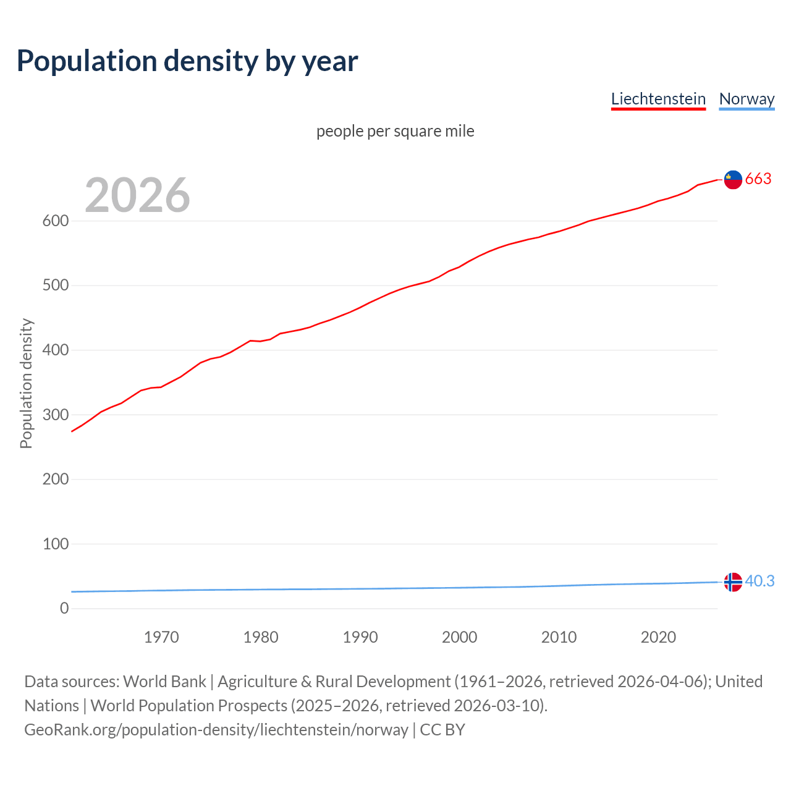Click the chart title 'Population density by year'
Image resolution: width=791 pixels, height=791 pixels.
click(187, 61)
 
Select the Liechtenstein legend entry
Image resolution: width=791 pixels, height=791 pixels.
click(658, 99)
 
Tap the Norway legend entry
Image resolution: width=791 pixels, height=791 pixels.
click(747, 99)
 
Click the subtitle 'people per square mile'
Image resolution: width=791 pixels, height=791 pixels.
click(395, 131)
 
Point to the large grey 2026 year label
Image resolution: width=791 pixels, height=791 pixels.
click(137, 195)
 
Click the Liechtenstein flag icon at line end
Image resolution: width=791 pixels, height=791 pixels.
click(733, 179)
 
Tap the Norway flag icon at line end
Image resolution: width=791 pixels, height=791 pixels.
click(733, 582)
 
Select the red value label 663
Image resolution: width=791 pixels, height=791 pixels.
click(758, 179)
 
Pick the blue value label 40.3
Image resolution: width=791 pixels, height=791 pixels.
click(759, 582)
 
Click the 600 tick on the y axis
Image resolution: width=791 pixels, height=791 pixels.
click(56, 221)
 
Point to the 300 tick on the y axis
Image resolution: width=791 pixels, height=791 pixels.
click(56, 415)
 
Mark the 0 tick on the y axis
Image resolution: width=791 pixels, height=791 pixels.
click(64, 609)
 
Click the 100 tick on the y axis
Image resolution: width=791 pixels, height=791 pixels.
click(56, 544)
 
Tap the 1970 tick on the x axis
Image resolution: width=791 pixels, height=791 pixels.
click(161, 637)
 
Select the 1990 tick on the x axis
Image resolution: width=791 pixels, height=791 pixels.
click(360, 637)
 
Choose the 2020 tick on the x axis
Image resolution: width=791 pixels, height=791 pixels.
click(658, 637)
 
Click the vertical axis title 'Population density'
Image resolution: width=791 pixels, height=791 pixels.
click(26, 383)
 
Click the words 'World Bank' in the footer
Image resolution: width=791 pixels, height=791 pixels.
click(164, 682)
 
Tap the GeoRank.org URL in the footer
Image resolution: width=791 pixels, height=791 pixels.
click(216, 730)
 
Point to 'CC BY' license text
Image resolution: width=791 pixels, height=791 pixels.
click(442, 730)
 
